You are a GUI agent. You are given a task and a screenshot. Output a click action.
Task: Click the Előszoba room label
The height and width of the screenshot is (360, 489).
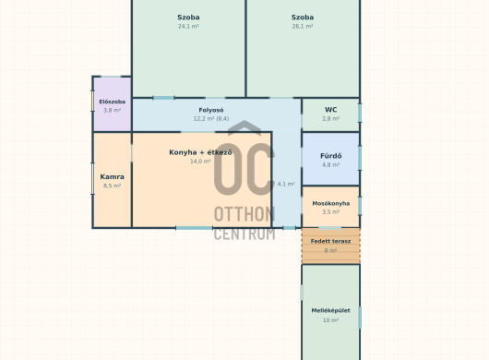[x=113, y=102]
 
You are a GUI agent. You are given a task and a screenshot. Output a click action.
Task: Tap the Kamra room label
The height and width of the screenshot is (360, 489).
[x=112, y=176]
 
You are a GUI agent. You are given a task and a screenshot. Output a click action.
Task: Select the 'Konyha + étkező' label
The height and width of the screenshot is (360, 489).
[x=200, y=152]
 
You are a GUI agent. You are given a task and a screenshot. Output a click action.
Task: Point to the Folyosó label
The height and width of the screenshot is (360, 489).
[x=211, y=110]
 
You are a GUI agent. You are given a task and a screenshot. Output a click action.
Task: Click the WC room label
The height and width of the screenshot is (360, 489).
[x=331, y=110]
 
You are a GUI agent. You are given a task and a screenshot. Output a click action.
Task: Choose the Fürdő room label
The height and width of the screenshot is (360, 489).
[x=331, y=156]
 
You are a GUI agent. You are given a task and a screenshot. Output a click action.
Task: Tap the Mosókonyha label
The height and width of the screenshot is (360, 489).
[x=331, y=203]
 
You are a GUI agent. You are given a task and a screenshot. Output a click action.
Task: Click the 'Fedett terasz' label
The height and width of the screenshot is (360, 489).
[x=330, y=241]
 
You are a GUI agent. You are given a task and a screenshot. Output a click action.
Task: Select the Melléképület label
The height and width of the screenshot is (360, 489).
[x=330, y=310]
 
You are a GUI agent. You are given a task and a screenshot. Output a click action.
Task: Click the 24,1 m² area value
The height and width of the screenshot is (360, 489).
[x=188, y=26]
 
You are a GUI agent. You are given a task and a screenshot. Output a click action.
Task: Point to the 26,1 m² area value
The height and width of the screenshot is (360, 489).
[x=303, y=26]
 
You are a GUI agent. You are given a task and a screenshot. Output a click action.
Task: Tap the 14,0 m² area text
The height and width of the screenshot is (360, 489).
[x=200, y=162]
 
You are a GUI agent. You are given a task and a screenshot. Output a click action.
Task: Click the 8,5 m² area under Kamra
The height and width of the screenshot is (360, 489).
[x=112, y=186]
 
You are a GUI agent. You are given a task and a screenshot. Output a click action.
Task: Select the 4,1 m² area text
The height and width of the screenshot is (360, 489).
[x=286, y=184]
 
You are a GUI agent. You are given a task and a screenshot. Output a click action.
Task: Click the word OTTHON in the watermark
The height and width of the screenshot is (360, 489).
[x=244, y=214]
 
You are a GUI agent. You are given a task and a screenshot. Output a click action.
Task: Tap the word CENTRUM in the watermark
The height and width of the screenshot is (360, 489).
[x=244, y=234]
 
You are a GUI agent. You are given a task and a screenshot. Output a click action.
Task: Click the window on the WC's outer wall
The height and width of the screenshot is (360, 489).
[x=360, y=113]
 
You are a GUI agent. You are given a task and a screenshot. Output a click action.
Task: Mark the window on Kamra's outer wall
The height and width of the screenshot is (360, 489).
[x=92, y=178]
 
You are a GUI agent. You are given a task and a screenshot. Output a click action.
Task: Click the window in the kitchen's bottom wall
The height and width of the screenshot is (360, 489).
[x=195, y=228]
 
